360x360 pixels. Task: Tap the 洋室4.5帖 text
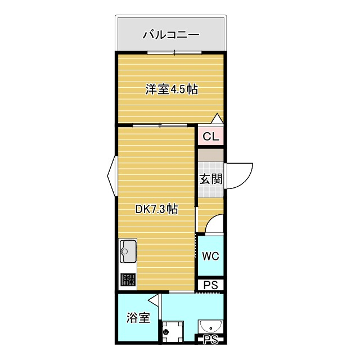[x=172, y=89]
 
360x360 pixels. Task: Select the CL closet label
[x=211, y=137]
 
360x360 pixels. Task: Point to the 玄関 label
[x=211, y=179]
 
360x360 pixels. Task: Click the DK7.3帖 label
[x=157, y=209]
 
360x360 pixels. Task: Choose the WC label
[x=210, y=256]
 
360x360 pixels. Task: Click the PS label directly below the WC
[x=211, y=285]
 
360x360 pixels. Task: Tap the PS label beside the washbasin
[x=210, y=339]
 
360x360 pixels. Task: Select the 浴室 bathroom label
[x=138, y=318]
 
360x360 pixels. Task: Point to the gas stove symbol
[x=128, y=280]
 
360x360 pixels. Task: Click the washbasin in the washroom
[x=211, y=326]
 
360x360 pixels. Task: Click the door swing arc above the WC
[x=215, y=225]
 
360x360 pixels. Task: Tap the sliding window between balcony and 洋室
[x=174, y=53]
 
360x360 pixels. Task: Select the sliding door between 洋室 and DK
[x=160, y=124]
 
